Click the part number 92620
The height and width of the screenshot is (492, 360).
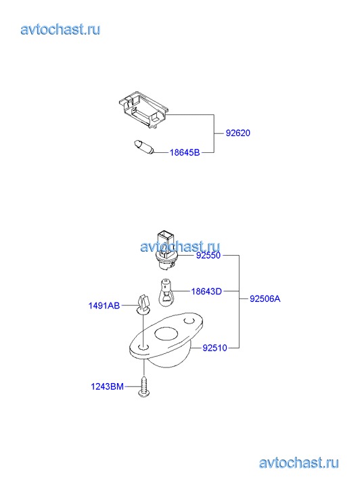click(238, 133)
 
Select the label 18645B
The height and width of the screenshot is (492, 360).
click(185, 152)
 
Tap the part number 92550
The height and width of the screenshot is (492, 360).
click(208, 255)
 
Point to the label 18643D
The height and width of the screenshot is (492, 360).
click(206, 292)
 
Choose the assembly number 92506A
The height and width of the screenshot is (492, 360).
click(265, 298)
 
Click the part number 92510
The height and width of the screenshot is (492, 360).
click(215, 348)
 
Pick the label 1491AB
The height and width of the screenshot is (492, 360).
click(104, 306)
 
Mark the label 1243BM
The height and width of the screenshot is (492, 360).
click(108, 386)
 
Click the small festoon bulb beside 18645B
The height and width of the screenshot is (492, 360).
click(143, 147)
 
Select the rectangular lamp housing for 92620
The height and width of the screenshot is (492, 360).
click(143, 109)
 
